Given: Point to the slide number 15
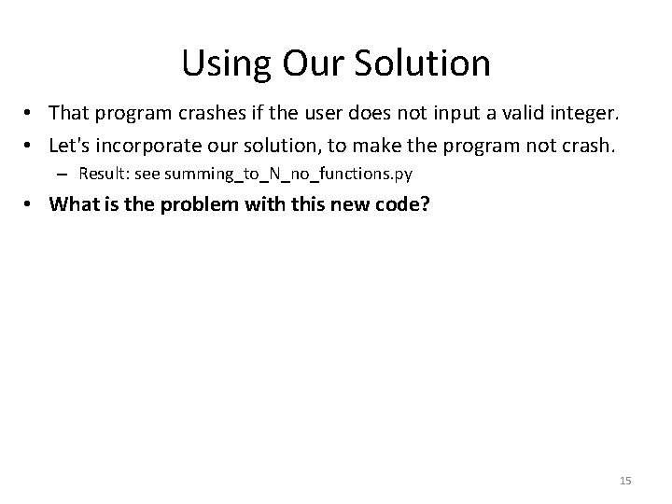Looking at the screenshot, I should tap(625, 480).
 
